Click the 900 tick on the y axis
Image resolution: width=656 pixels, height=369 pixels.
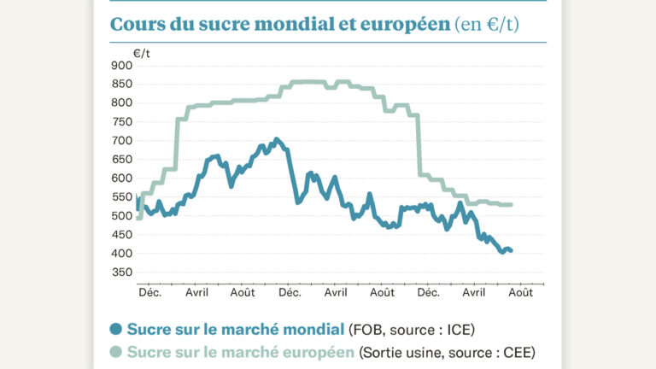[x=122, y=66]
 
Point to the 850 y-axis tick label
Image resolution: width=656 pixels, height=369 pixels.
[x=122, y=85]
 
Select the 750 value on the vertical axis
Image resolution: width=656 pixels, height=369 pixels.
[x=122, y=122]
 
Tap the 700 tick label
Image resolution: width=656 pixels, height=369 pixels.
[x=122, y=141]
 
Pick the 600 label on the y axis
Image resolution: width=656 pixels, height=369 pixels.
[x=122, y=179]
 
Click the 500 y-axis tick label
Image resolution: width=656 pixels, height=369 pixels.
[x=122, y=216]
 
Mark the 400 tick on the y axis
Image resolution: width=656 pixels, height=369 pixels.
[x=122, y=254]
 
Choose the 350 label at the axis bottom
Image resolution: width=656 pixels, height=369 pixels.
[x=122, y=272]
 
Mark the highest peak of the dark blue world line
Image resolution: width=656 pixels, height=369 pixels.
[x=275, y=139]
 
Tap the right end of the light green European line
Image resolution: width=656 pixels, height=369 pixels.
[x=511, y=205]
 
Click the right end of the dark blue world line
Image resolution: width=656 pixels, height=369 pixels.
[x=511, y=251]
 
